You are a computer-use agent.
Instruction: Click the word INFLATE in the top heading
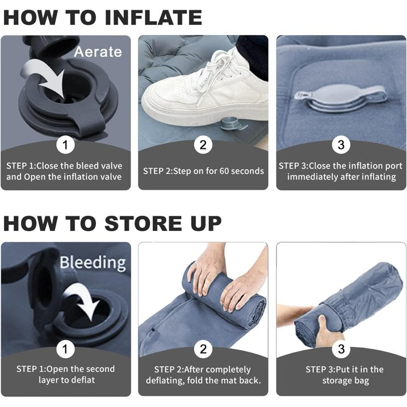[153, 18]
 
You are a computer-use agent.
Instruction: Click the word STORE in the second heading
[144, 223]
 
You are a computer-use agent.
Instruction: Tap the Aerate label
[98, 52]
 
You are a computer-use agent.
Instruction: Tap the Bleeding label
[93, 263]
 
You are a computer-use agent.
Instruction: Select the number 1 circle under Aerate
[65, 145]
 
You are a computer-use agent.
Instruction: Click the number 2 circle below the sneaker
[203, 145]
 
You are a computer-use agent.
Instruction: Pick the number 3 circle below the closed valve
[341, 145]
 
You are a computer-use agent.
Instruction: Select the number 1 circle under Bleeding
[65, 349]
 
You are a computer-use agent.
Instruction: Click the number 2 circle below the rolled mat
[203, 349]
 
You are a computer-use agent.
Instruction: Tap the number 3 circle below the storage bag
[341, 349]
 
